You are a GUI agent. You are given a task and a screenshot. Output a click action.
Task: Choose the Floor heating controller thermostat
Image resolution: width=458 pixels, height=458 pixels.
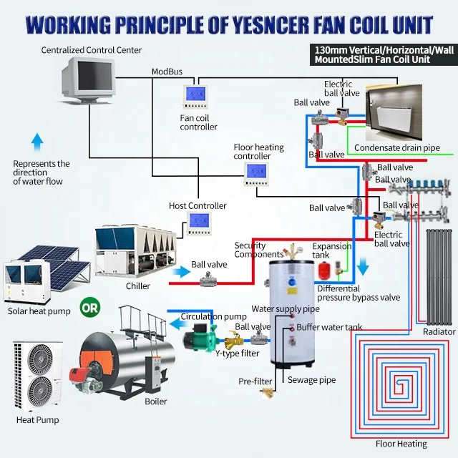[255, 172]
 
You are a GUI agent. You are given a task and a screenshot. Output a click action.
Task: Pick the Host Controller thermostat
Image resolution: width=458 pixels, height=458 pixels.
[198, 223]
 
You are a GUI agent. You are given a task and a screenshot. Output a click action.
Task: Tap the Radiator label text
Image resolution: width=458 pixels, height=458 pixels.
[439, 332]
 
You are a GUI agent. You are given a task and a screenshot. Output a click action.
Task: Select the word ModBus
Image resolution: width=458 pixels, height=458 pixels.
[166, 72]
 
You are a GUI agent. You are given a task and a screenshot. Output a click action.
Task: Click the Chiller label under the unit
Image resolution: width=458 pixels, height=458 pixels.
[138, 286]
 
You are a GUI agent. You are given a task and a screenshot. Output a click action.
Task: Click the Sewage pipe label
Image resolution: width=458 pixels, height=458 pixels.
[311, 381]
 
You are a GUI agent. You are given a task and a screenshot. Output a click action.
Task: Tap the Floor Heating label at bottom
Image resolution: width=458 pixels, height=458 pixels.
[401, 444]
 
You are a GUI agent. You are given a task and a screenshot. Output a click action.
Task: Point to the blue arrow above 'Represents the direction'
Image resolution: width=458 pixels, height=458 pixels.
[38, 140]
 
